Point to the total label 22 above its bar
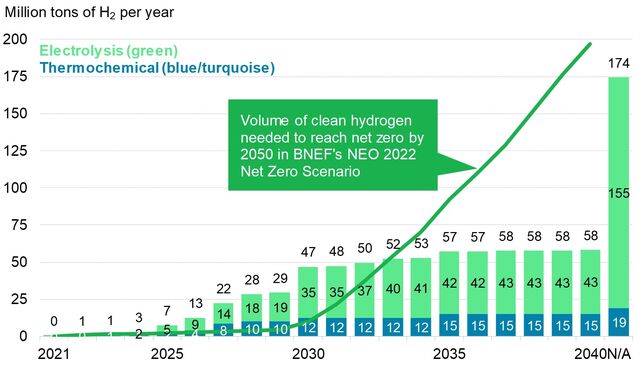223,289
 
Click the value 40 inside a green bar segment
394,289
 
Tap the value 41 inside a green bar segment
422,289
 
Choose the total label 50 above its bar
365,248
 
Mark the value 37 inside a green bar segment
365,291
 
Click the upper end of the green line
590,44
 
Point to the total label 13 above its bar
195,303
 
